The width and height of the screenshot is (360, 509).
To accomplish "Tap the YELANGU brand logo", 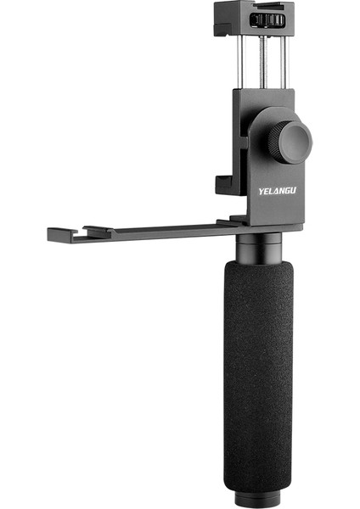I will pyautogui.click(x=278, y=192).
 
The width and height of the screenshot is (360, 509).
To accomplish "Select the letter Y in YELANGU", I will pyautogui.click(x=262, y=192).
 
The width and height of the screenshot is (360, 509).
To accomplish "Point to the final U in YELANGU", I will pyautogui.click(x=294, y=192).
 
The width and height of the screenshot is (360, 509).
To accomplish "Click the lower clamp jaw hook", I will pyautogui.click(x=222, y=183).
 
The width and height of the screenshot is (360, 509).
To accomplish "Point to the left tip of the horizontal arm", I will pyautogui.click(x=52, y=232).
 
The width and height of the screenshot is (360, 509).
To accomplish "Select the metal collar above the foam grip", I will pyautogui.click(x=259, y=247).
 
